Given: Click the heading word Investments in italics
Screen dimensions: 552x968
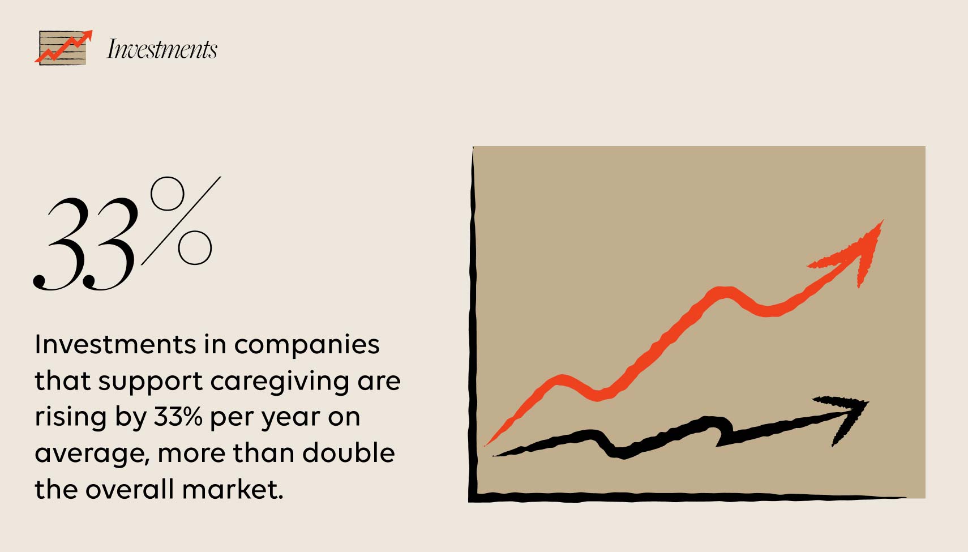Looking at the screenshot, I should click(162, 49).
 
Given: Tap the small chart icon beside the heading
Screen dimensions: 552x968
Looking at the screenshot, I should click(63, 48).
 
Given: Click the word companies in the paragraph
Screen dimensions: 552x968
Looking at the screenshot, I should click(306, 344).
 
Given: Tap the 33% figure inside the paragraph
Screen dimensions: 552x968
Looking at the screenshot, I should click(178, 417).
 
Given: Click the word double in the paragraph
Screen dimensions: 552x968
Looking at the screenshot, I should click(348, 453).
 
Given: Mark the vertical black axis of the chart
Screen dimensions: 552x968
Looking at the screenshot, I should click(473, 323).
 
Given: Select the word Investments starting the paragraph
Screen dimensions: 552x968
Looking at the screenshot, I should click(115, 344).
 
